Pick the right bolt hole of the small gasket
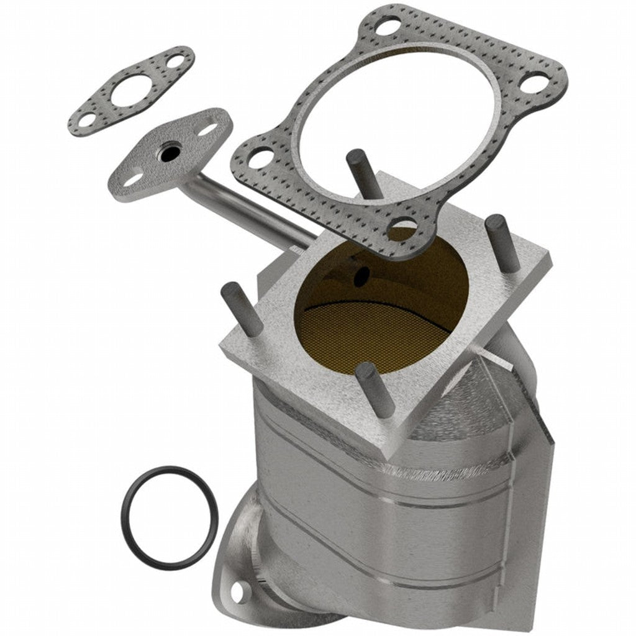[176, 61]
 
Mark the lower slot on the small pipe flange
[133, 179]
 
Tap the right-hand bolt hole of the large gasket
[534, 83]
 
